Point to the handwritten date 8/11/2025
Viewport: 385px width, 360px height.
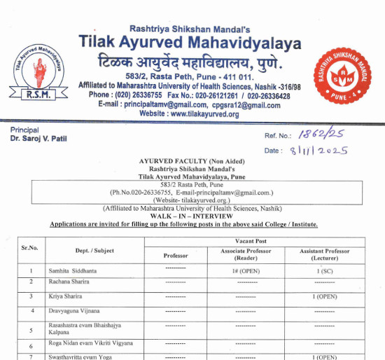click(x=316, y=150)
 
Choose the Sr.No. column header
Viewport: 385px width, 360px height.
click(x=29, y=248)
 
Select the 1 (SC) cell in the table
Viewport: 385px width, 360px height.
click(x=325, y=270)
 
